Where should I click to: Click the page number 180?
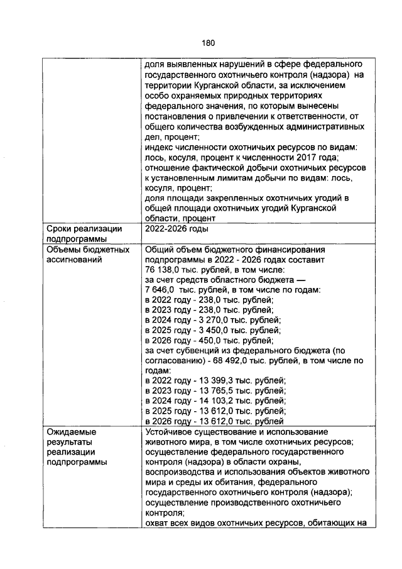click(209, 43)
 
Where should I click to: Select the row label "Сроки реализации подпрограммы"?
click(84, 234)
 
